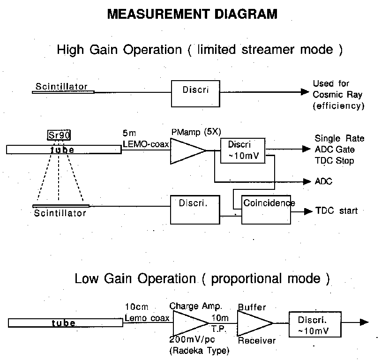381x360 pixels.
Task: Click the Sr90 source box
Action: (x=58, y=135)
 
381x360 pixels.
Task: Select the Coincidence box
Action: (x=266, y=209)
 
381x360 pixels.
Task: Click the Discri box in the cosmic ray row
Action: (x=195, y=93)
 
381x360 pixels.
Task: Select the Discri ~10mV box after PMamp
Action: (x=243, y=150)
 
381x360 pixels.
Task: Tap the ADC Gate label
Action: (x=335, y=150)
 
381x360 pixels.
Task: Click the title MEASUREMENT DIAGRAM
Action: (x=192, y=15)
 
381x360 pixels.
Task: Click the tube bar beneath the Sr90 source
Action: (x=64, y=150)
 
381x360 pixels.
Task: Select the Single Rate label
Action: (x=339, y=139)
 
